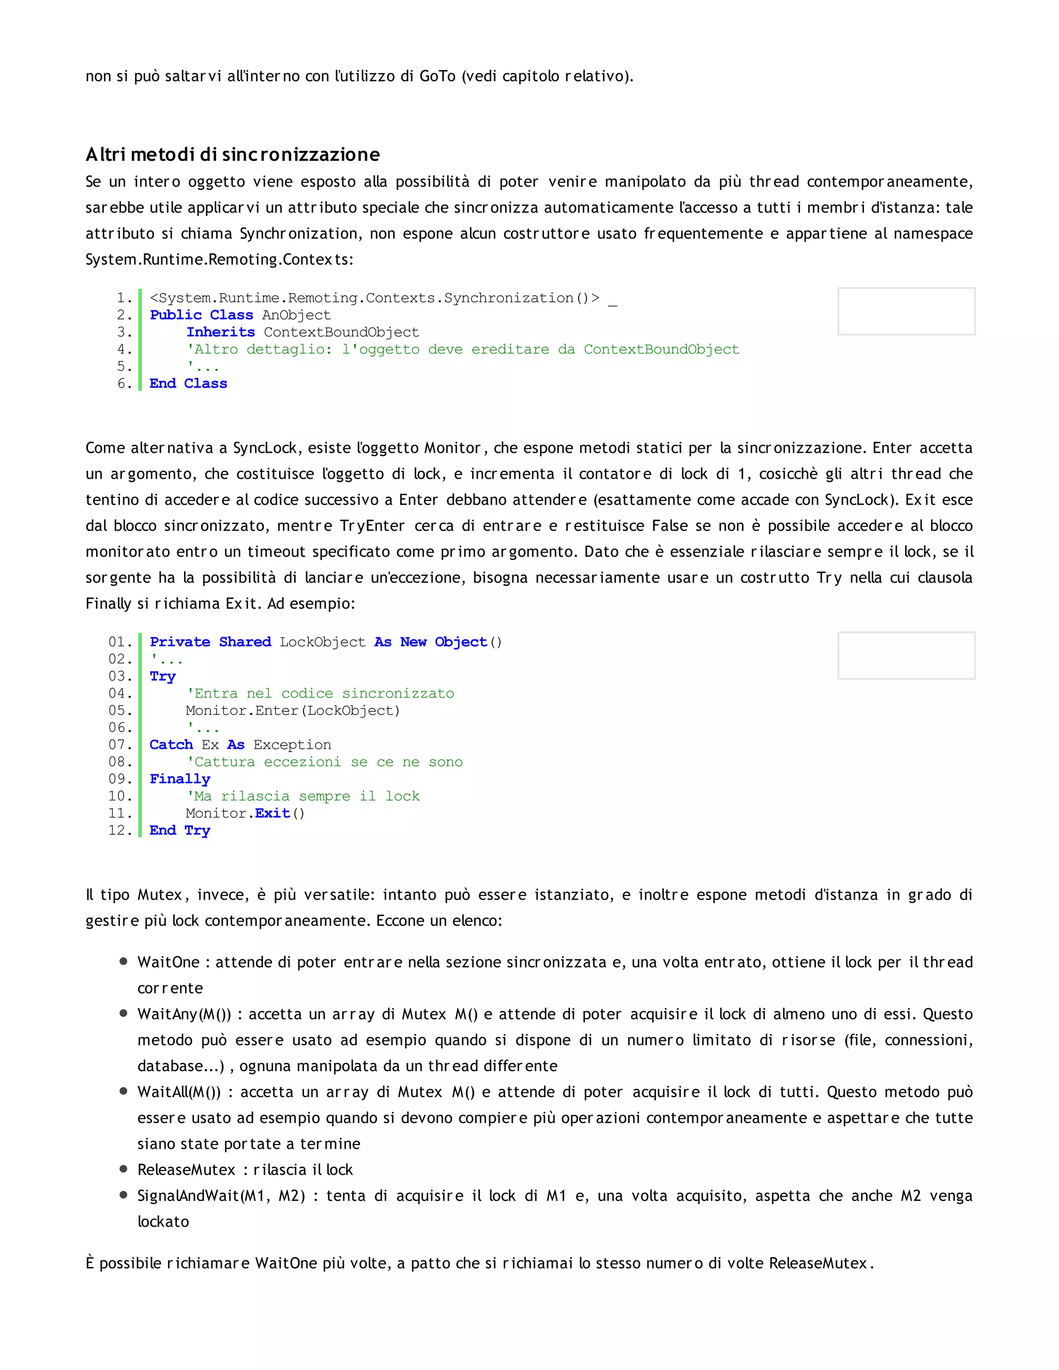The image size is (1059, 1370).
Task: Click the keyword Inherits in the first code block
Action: (x=220, y=332)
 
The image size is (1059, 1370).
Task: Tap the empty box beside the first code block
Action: (x=906, y=311)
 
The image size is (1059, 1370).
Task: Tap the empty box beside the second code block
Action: (x=906, y=655)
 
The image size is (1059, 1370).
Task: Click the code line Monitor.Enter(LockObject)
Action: (x=292, y=710)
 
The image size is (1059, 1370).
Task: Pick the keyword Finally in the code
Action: (x=179, y=779)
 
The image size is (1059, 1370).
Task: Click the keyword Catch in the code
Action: (x=171, y=744)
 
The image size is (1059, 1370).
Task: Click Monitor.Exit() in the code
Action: (x=245, y=813)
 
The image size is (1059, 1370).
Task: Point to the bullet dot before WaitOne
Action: (x=124, y=962)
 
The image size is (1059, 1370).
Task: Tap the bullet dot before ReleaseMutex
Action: (x=124, y=1169)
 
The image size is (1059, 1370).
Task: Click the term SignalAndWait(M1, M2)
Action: (x=221, y=1196)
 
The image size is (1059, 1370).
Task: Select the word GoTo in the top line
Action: (x=437, y=76)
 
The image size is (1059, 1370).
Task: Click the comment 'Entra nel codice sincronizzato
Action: (x=320, y=693)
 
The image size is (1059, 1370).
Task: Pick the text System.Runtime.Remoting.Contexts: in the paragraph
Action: (x=220, y=259)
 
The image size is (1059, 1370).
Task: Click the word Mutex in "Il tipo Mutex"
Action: (x=160, y=894)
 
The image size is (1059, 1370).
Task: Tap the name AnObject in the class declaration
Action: (x=296, y=315)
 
